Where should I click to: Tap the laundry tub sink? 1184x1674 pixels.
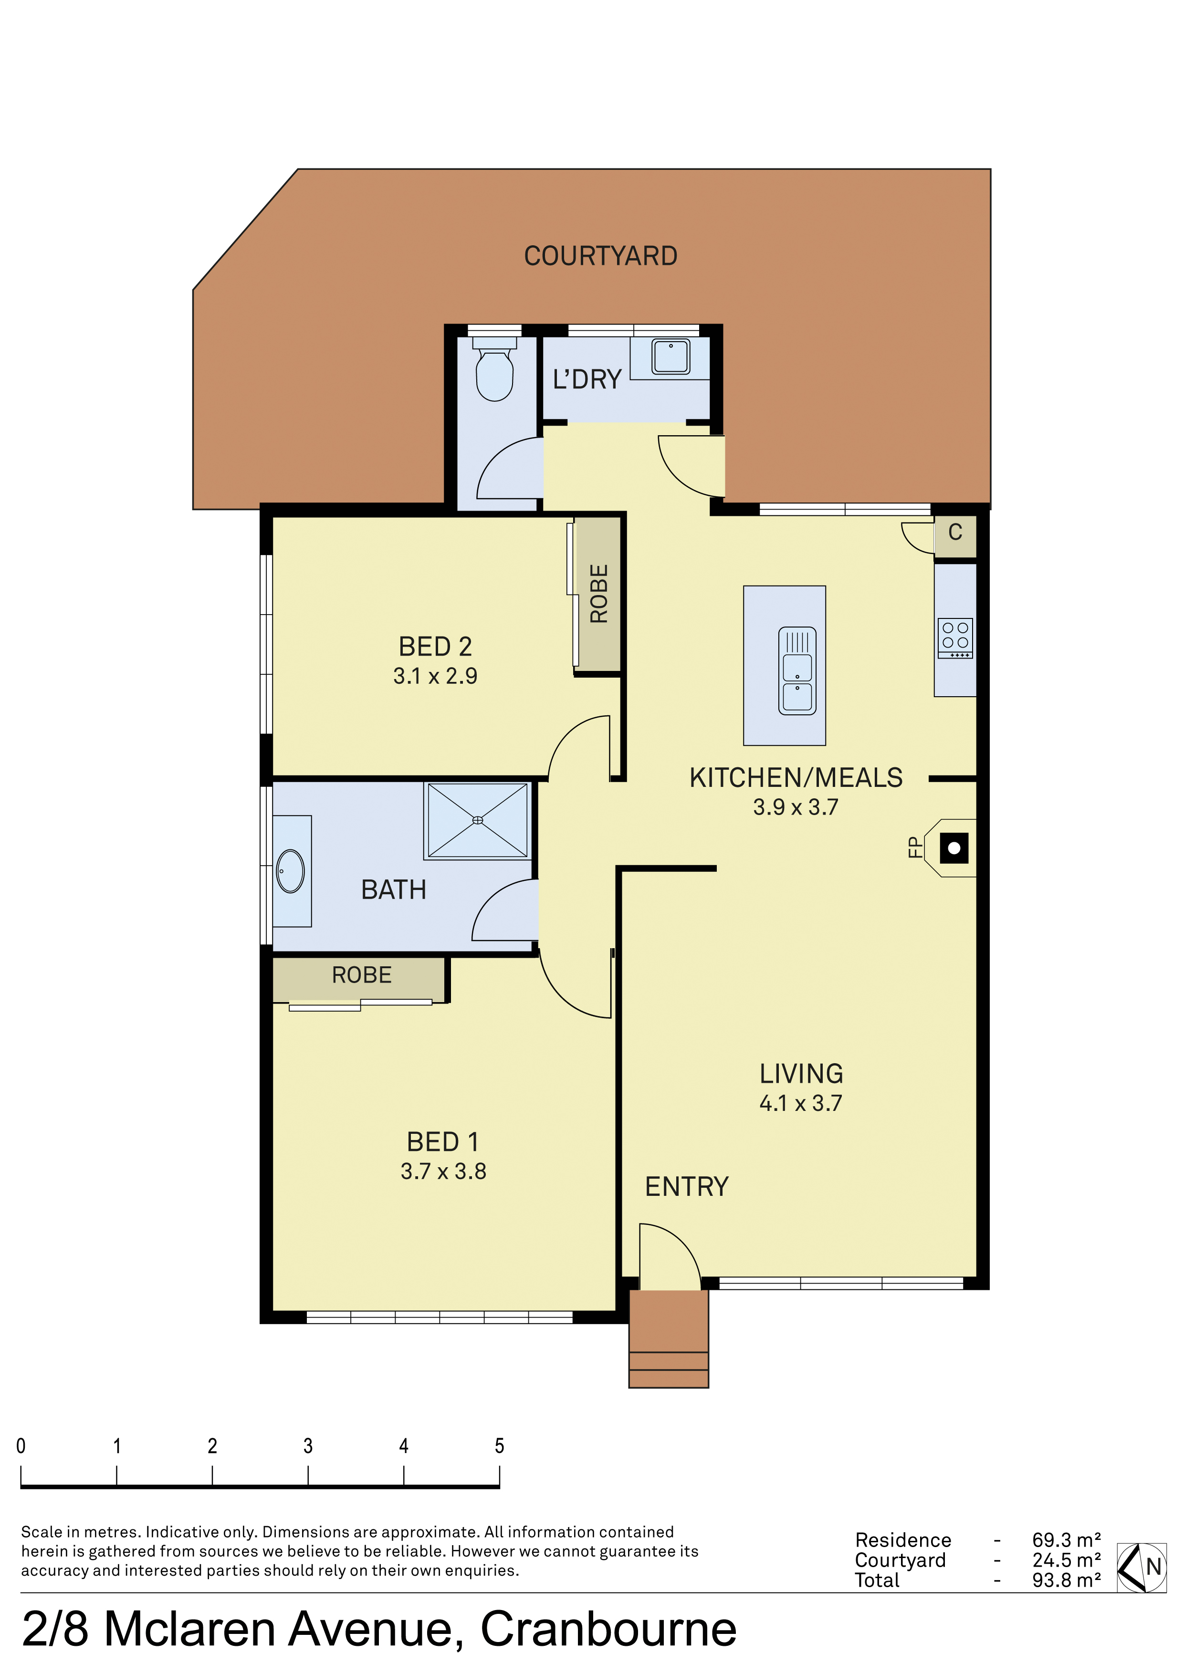pyautogui.click(x=670, y=356)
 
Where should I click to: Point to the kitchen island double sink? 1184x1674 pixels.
pyautogui.click(x=797, y=671)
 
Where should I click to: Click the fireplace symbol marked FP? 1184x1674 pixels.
pyautogui.click(x=953, y=848)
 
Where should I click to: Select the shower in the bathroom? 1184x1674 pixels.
pyautogui.click(x=478, y=820)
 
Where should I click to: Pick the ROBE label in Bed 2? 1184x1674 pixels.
pyautogui.click(x=598, y=594)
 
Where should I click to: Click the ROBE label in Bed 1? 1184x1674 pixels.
pyautogui.click(x=362, y=975)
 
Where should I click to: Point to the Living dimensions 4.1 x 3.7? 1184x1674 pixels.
pyautogui.click(x=800, y=1103)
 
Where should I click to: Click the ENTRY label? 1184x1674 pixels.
pyautogui.click(x=686, y=1186)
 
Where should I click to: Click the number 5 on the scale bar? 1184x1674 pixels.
pyautogui.click(x=499, y=1446)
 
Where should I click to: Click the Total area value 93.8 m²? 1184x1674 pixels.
pyautogui.click(x=1066, y=1580)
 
